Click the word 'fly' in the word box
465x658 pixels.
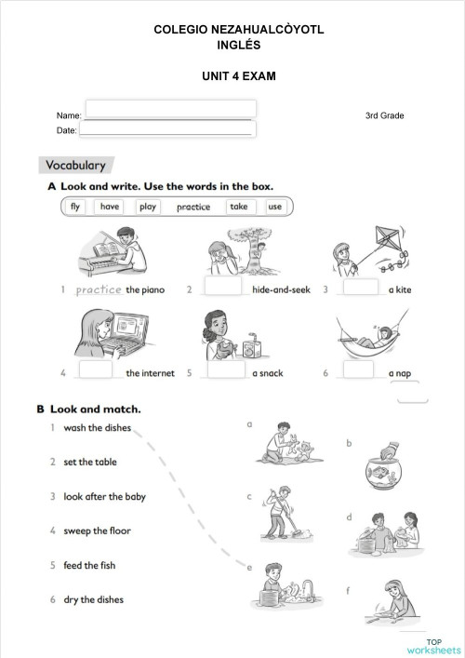point(75,207)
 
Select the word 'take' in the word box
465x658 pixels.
point(239,207)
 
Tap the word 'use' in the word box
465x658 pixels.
point(274,207)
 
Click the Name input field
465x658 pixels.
point(170,109)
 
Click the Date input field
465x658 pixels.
point(170,128)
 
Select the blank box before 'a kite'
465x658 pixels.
point(361,288)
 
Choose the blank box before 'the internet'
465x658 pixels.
point(96,370)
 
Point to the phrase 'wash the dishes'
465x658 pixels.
point(97,428)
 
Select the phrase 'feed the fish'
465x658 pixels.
point(89,565)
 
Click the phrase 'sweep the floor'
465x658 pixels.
point(97,530)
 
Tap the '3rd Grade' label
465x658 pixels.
point(385,115)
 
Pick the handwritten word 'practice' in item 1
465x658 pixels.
point(99,289)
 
